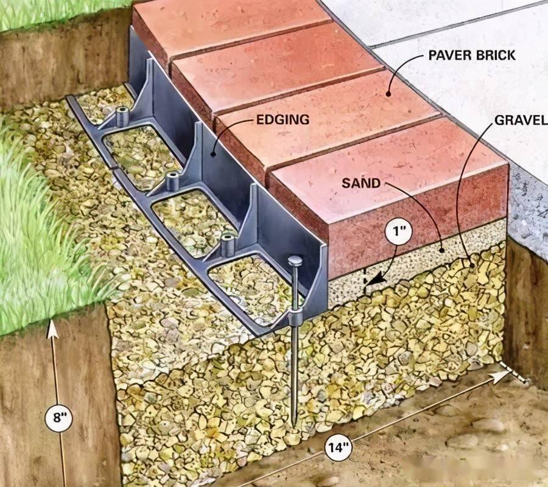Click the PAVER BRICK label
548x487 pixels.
[472, 55]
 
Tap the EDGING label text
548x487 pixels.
[283, 120]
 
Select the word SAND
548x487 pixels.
[361, 183]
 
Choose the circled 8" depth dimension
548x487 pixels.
[58, 418]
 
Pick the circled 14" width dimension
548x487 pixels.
[339, 447]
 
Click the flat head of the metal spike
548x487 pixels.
[295, 261]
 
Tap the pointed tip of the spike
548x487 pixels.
[295, 425]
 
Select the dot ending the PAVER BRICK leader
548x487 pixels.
[388, 93]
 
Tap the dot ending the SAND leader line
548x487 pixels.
[441, 250]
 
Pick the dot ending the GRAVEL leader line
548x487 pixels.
[474, 266]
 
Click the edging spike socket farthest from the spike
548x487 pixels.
[122, 117]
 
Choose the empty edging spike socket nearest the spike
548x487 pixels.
[228, 245]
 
